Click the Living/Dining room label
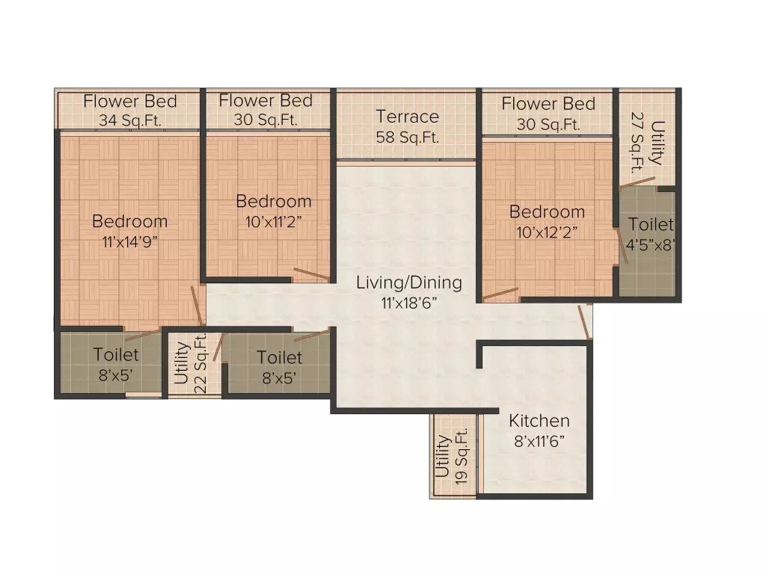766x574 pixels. tap(408, 283)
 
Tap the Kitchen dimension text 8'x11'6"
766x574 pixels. tap(539, 441)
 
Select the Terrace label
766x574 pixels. tap(407, 117)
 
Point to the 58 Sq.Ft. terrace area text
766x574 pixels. tap(407, 138)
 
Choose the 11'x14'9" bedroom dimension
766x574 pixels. tap(129, 241)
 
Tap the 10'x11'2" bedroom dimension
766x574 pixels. tap(273, 221)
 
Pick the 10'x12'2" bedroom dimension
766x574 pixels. tap(546, 232)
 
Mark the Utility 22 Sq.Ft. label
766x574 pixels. tap(191, 362)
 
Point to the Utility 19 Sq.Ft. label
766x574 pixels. tap(452, 456)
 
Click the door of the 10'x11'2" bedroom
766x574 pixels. tap(310, 274)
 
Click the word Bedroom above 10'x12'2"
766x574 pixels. tap(546, 212)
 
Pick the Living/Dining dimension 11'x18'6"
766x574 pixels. tap(408, 303)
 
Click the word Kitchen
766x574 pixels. tap(539, 421)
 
